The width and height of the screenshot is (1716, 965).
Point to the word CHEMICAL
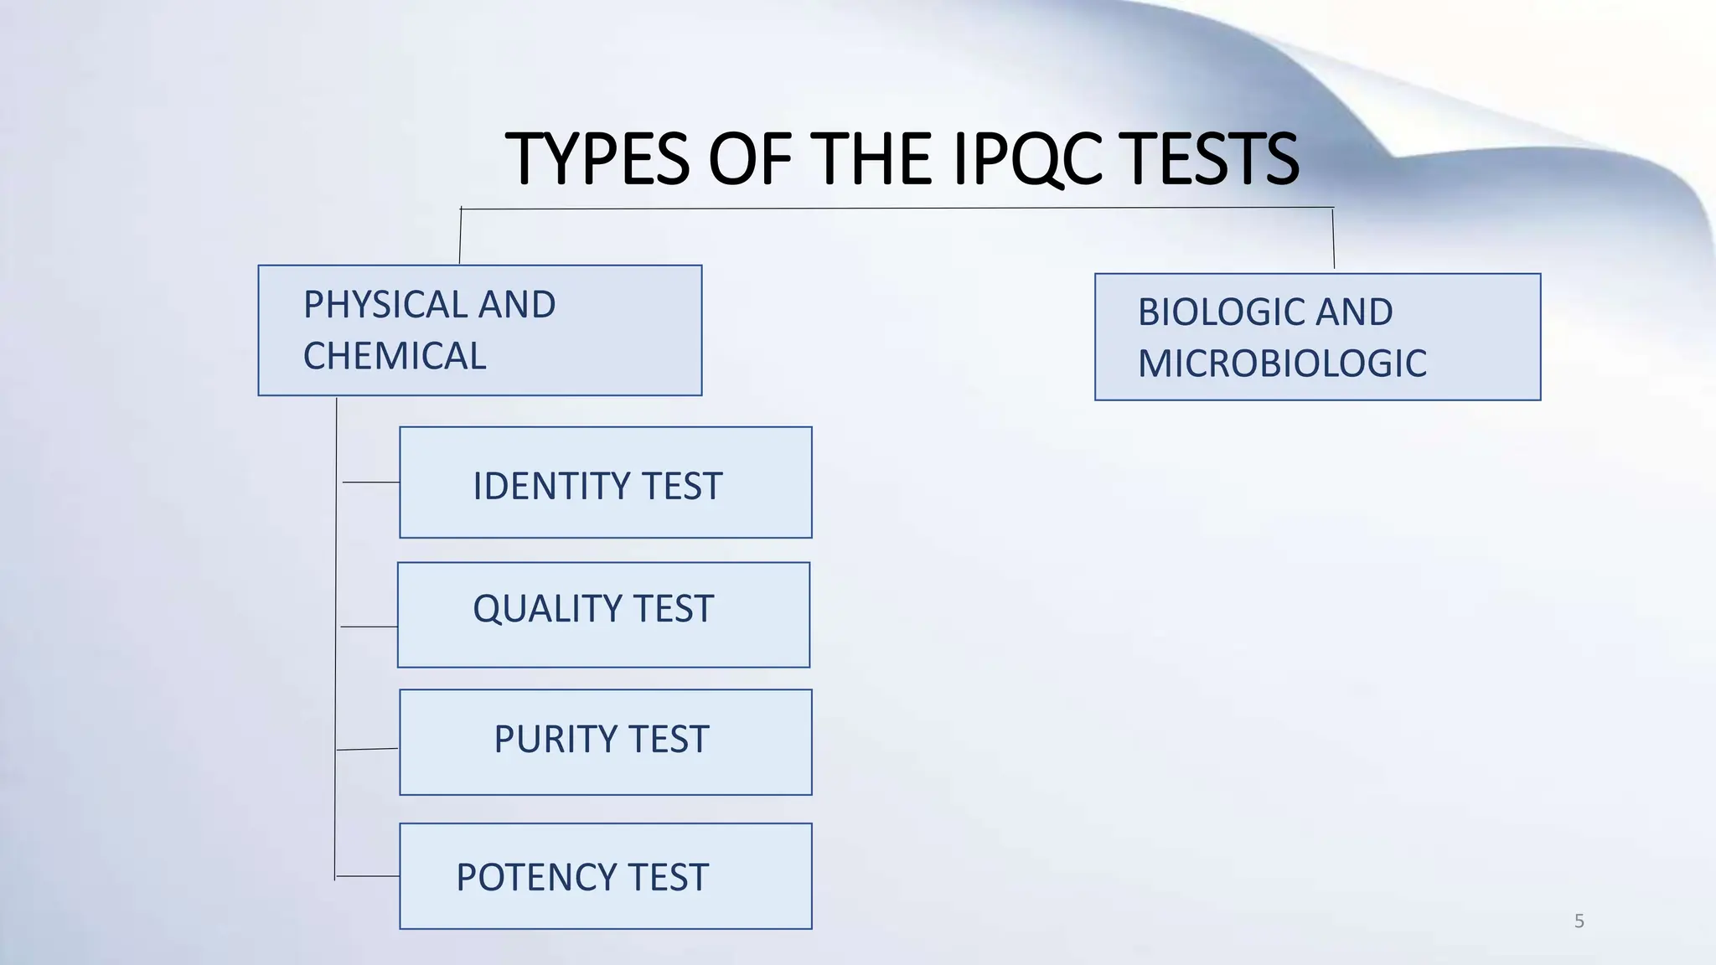click(395, 356)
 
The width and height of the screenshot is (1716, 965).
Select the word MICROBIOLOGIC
click(1282, 364)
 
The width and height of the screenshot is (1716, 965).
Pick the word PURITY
click(555, 739)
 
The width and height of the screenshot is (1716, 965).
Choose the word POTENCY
click(536, 877)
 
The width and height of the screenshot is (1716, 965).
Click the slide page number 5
click(1579, 921)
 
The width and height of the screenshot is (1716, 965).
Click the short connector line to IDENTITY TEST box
click(370, 482)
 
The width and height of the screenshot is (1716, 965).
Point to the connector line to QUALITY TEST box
click(369, 627)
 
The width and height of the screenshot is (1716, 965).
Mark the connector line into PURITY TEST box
click(367, 749)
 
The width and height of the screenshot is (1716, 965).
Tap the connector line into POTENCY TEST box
click(367, 876)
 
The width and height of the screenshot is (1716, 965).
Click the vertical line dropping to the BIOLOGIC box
click(1333, 239)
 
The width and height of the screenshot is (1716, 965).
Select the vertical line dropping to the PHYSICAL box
click(460, 236)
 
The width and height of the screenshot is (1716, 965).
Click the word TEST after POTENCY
click(668, 877)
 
